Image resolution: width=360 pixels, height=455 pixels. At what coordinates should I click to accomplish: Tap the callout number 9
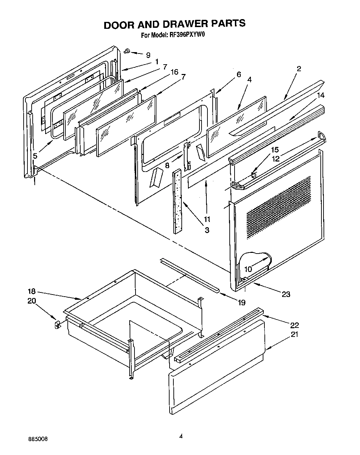coord(148,55)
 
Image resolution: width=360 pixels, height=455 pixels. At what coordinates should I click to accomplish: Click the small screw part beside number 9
coord(127,51)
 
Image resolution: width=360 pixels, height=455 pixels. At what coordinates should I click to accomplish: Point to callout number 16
coord(174,72)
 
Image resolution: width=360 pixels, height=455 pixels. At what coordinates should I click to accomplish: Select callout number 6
coord(239,74)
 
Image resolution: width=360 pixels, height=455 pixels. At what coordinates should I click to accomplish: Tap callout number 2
coord(299,68)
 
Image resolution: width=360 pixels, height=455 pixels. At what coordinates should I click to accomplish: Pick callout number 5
coord(35,156)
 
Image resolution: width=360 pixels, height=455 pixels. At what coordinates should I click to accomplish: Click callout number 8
coord(167,166)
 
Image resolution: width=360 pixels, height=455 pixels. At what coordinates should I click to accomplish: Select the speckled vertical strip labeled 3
coord(178,202)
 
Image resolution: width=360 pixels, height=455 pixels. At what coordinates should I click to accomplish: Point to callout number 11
coord(207,219)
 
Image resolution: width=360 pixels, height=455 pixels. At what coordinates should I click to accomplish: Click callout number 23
coord(286,294)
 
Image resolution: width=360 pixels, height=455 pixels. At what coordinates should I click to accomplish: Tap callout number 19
coord(241,303)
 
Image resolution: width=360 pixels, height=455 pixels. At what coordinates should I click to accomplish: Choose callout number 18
coord(32,292)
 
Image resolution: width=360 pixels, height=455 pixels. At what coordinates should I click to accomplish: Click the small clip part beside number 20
coord(58,325)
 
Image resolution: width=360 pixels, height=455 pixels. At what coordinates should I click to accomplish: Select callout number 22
coord(295,325)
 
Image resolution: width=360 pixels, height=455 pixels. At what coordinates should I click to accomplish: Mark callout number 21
coord(294,334)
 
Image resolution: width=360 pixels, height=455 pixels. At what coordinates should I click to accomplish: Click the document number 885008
coord(39,439)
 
